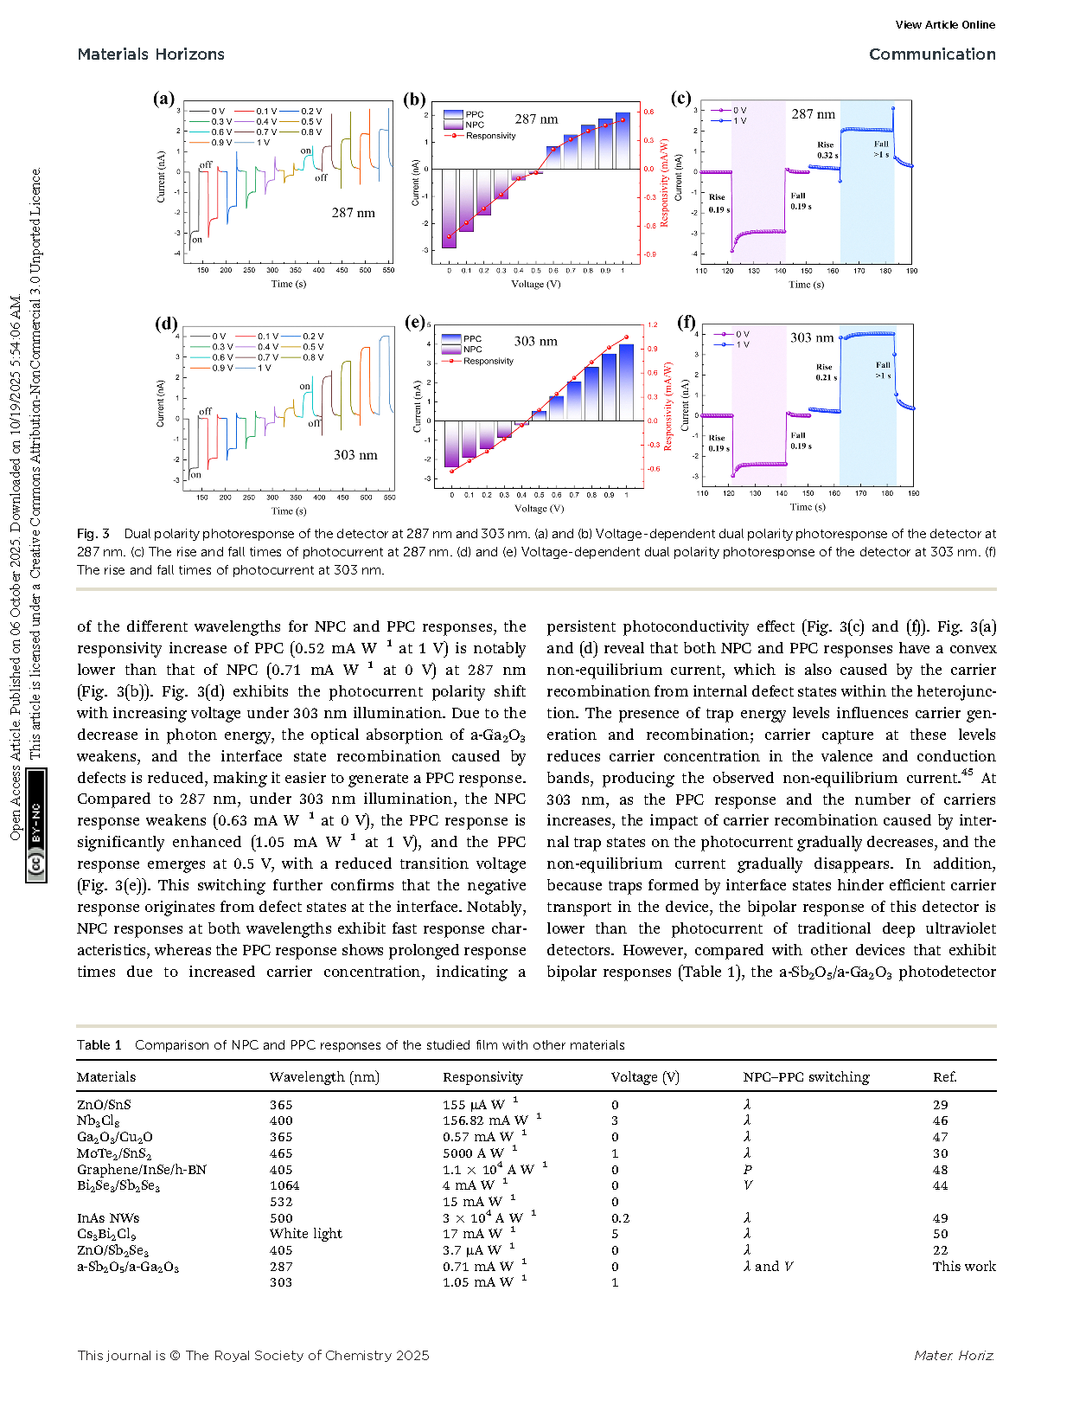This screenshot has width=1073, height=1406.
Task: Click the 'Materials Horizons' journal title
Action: point(150,54)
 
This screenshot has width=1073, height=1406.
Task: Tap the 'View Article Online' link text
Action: point(944,25)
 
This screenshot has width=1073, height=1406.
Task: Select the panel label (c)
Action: point(680,98)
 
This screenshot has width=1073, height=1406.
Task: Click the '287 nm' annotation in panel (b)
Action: point(536,119)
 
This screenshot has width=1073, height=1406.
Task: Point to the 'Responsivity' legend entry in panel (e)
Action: point(488,361)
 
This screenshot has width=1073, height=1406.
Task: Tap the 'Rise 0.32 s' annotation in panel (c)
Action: point(827,151)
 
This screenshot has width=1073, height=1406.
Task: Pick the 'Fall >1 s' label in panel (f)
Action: point(882,370)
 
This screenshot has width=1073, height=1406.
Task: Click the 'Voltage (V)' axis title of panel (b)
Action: point(535,284)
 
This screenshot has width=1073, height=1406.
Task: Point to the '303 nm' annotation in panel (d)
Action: point(355,455)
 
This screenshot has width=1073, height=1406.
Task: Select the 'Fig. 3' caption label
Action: point(93,534)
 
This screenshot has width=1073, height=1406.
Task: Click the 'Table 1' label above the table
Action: point(99,1045)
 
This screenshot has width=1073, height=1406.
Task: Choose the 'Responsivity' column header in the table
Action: point(482,1077)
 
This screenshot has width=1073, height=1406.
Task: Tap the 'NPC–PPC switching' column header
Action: point(806,1077)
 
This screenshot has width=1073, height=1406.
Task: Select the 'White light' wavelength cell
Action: point(305,1234)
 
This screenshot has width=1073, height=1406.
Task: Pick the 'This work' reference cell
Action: point(963,1267)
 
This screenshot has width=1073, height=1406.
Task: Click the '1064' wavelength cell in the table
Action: point(284,1185)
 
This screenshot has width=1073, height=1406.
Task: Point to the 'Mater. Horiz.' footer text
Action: point(954,1356)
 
